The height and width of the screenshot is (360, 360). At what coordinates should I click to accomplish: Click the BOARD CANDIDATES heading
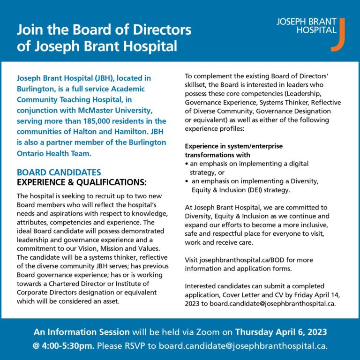point(59,172)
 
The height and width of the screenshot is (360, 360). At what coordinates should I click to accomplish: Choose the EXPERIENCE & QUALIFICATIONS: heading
point(82,182)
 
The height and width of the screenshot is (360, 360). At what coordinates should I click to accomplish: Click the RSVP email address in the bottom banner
point(242,346)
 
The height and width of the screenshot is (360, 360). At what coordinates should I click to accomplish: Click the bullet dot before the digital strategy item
point(187,164)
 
